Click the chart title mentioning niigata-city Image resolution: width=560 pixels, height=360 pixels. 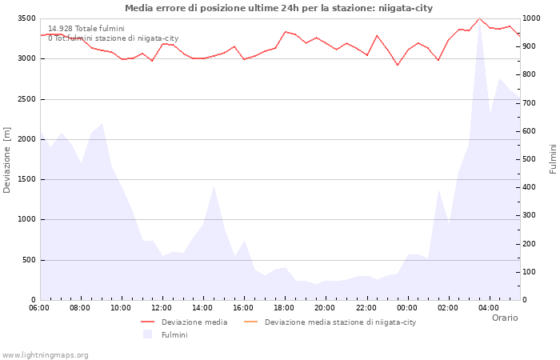(x=278, y=8)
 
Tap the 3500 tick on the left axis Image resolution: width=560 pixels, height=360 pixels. (x=26, y=18)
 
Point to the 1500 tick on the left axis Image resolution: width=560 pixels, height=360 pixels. (x=26, y=179)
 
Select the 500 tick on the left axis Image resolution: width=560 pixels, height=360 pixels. (x=28, y=260)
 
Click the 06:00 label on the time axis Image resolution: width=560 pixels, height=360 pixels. (x=39, y=308)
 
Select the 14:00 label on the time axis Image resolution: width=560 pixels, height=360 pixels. (x=202, y=308)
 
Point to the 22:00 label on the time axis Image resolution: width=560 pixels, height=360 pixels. (x=366, y=308)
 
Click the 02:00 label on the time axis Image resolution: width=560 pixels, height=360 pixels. (x=447, y=308)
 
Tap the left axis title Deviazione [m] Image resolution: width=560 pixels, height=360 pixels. (x=7, y=160)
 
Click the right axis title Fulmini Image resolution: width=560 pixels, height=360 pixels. (x=553, y=158)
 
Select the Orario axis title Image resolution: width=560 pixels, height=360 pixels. (x=504, y=318)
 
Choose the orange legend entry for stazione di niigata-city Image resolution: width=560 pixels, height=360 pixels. (x=340, y=322)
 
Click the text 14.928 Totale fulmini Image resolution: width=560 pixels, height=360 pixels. (x=86, y=28)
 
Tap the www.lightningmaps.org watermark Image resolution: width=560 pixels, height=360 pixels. (x=46, y=354)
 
